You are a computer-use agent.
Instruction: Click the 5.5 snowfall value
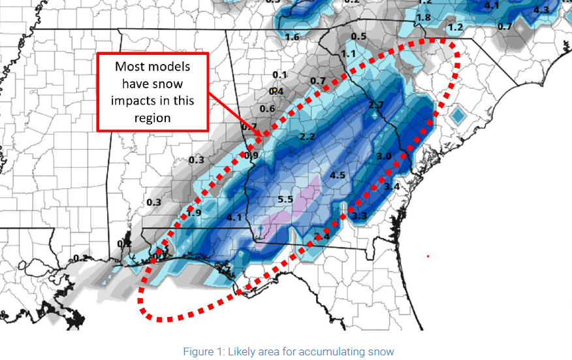click(285, 199)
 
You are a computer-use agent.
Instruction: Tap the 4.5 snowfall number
click(337, 175)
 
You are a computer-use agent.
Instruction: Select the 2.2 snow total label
click(308, 137)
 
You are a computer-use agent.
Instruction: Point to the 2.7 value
click(375, 105)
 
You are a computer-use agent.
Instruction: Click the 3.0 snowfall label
click(384, 156)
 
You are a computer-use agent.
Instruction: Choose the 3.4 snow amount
click(391, 187)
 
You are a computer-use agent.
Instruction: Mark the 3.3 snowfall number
click(358, 216)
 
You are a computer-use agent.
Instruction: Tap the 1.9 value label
click(193, 213)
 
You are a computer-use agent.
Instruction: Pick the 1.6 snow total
click(291, 37)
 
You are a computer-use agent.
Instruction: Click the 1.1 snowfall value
click(348, 53)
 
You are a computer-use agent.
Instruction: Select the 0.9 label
click(251, 155)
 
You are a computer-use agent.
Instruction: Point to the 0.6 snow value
click(267, 108)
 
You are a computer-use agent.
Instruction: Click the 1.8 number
click(424, 17)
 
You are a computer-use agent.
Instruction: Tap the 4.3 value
click(541, 10)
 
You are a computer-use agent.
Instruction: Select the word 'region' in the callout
click(153, 118)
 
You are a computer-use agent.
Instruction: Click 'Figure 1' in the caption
click(200, 352)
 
